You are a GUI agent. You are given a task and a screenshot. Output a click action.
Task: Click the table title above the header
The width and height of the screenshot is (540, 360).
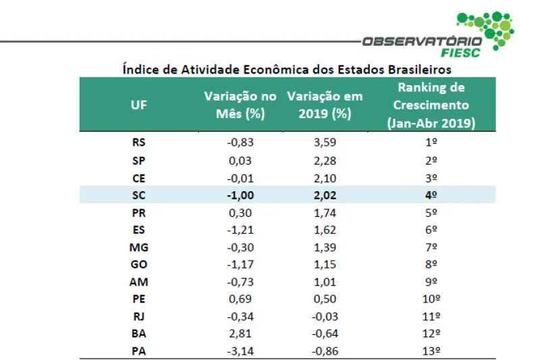click(287, 69)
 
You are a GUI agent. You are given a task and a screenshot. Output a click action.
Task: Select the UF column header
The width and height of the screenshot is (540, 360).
click(138, 105)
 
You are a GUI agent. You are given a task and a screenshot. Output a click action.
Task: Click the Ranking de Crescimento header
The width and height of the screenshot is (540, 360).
click(432, 105)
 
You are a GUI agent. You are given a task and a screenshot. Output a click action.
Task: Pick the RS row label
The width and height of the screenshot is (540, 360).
click(138, 143)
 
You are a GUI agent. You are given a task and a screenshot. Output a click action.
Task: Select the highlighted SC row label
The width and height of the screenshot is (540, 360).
click(138, 195)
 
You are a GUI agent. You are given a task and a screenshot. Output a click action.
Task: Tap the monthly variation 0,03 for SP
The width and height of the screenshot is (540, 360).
click(240, 160)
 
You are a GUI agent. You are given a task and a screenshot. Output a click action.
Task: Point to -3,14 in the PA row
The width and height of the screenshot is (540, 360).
click(239, 351)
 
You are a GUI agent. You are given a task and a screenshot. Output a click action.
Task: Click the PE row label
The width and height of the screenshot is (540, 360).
click(138, 299)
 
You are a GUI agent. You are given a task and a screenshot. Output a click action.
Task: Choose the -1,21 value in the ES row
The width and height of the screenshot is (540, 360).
click(239, 230)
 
